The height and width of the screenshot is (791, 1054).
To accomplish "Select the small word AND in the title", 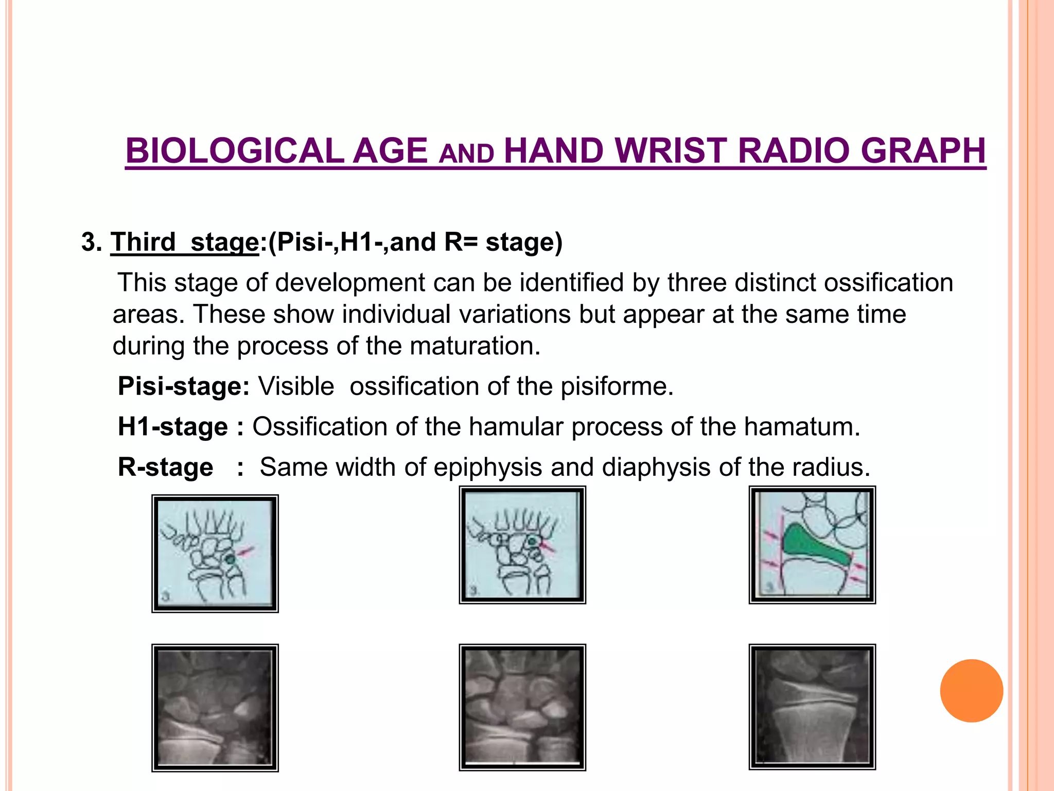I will pyautogui.click(x=466, y=154).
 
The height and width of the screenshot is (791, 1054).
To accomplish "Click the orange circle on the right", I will pyautogui.click(x=971, y=691).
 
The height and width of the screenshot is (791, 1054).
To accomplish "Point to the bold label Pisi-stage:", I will pyautogui.click(x=184, y=386).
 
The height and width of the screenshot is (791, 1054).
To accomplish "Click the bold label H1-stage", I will pyautogui.click(x=173, y=427).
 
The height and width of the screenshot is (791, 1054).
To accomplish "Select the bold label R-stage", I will pyautogui.click(x=165, y=468).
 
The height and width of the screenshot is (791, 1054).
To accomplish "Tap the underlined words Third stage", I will pyautogui.click(x=185, y=242).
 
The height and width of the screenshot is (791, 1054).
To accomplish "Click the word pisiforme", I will pyautogui.click(x=617, y=386).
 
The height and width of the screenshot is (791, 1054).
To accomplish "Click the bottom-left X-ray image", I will pyautogui.click(x=215, y=707).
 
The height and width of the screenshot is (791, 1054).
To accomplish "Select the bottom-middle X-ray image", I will pyautogui.click(x=522, y=707).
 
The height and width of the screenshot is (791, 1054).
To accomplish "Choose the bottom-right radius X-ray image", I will pyautogui.click(x=812, y=706).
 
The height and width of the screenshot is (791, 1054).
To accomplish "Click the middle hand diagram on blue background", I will pyautogui.click(x=522, y=545).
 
